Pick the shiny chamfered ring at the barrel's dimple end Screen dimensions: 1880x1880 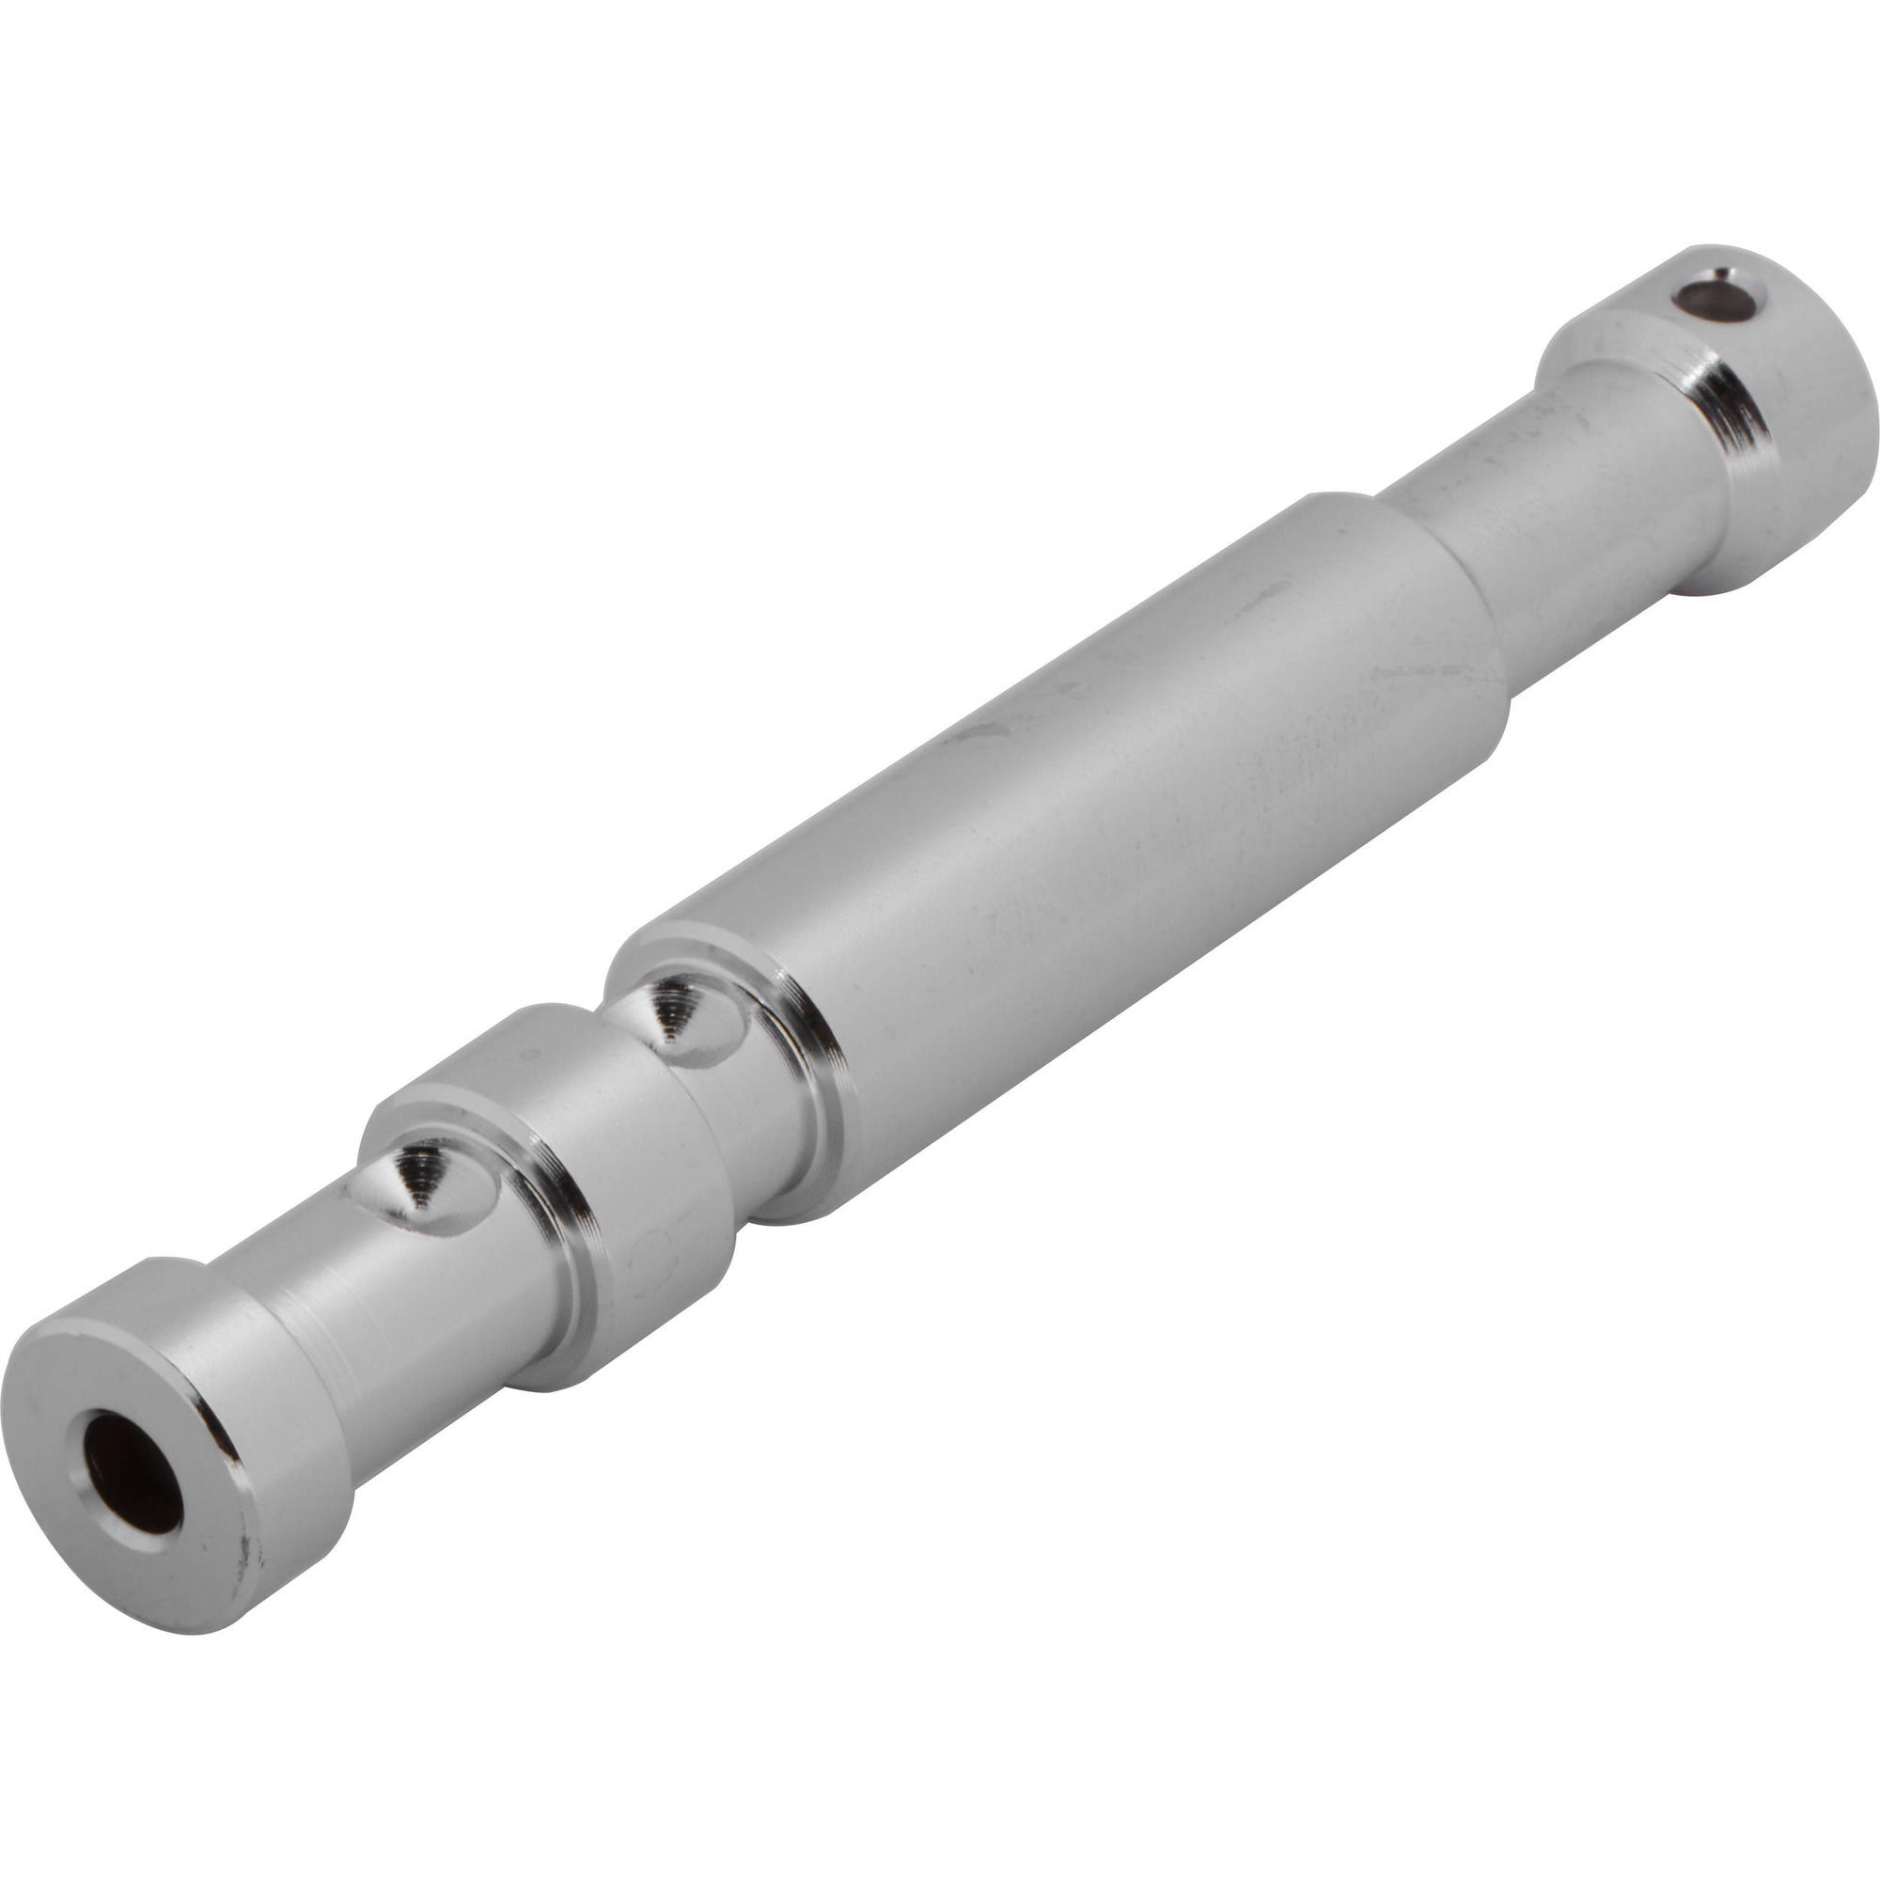(x=818, y=1051)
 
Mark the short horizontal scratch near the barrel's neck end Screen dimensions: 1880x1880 (x=1411, y=671)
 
